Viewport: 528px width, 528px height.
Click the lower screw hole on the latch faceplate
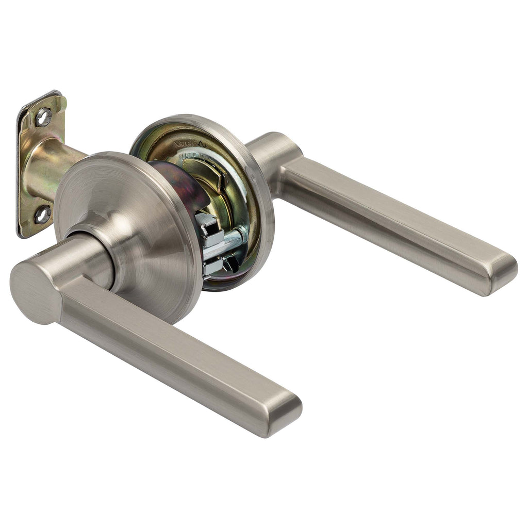(x=43, y=213)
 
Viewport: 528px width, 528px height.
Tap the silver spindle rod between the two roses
(x=232, y=238)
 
